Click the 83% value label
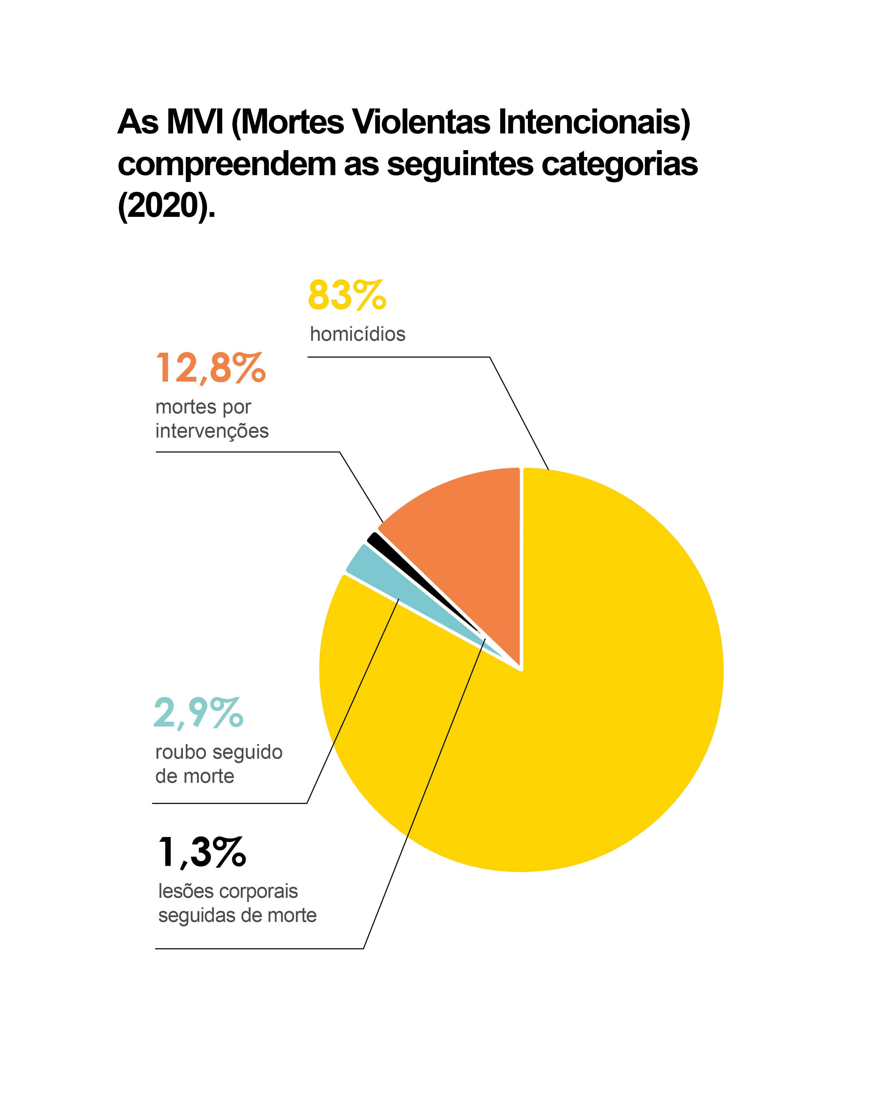coord(347,295)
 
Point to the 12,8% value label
coord(210,368)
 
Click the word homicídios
coord(357,335)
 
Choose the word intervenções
coord(212,431)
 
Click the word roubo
coord(181,752)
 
